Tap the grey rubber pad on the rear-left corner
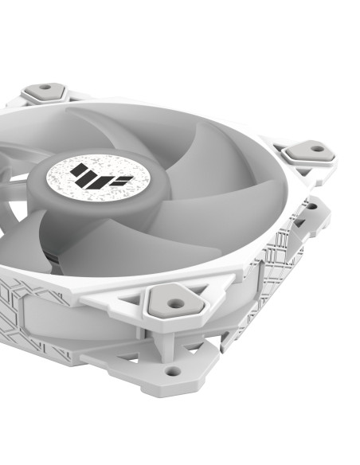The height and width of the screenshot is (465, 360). (45, 92)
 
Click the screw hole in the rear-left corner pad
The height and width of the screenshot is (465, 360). (45, 88)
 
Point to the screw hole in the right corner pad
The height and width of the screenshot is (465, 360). (317, 148)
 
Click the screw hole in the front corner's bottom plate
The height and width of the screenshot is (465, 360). (172, 370)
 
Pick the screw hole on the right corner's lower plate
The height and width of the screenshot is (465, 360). (311, 207)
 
